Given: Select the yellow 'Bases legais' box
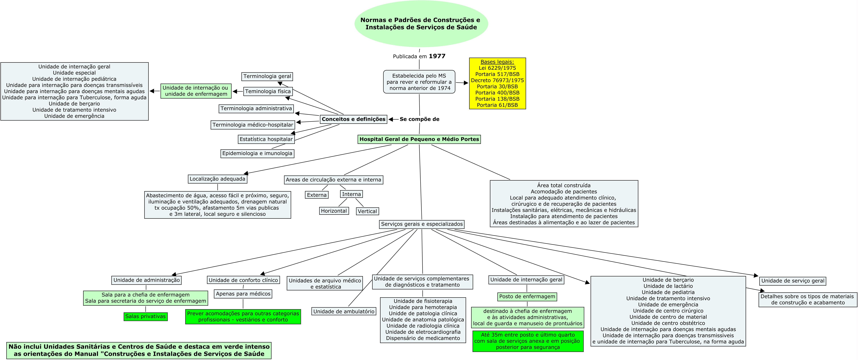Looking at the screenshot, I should (497, 83).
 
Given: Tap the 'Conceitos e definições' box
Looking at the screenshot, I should (353, 119).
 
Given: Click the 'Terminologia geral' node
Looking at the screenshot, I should (267, 76).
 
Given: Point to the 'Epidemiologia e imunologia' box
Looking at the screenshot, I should (257, 153).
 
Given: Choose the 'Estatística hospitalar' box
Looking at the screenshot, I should (266, 139).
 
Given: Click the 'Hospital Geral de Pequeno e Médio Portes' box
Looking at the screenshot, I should (419, 139).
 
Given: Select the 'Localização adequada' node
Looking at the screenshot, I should (217, 179).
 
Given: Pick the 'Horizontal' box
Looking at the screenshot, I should (334, 211).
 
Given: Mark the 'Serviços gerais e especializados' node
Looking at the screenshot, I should (422, 224).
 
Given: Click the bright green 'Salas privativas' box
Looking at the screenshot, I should (146, 316).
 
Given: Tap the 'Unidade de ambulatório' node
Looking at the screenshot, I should (344, 311).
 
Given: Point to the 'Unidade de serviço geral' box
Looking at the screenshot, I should (793, 281).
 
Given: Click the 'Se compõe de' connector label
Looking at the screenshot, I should (419, 119).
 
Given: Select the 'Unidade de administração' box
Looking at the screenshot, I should (147, 280).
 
